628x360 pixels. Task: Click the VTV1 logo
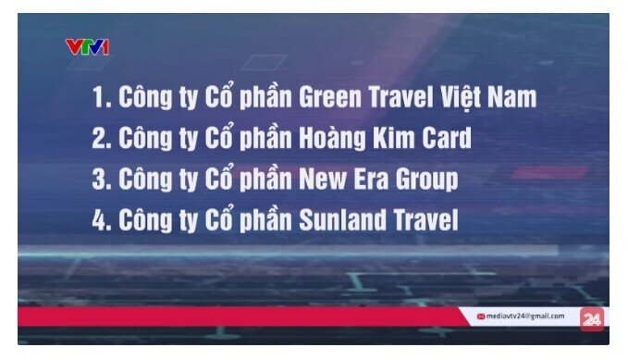(87, 46)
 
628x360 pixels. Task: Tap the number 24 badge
(592, 317)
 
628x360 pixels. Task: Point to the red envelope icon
(481, 317)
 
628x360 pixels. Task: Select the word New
(317, 180)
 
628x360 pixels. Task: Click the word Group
(425, 180)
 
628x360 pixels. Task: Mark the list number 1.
(99, 97)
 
